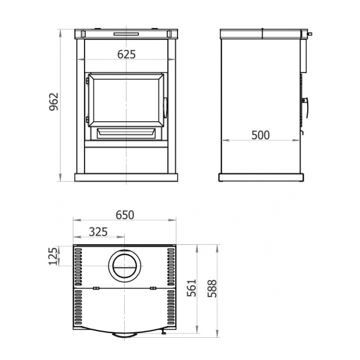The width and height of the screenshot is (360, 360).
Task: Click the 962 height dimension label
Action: coord(54,101)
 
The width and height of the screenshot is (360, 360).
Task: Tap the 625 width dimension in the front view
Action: coord(127,55)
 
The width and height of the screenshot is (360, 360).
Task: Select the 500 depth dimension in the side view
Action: coord(260,135)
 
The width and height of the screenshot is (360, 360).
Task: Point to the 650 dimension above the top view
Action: coord(125,215)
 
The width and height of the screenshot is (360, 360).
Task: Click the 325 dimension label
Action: coord(98,232)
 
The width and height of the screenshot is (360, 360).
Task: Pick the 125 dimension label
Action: coord(53,256)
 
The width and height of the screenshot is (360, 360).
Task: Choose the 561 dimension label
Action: coord(191,288)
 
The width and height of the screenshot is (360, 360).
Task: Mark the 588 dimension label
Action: coord(212,289)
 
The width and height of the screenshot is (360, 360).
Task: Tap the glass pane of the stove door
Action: coord(126,100)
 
